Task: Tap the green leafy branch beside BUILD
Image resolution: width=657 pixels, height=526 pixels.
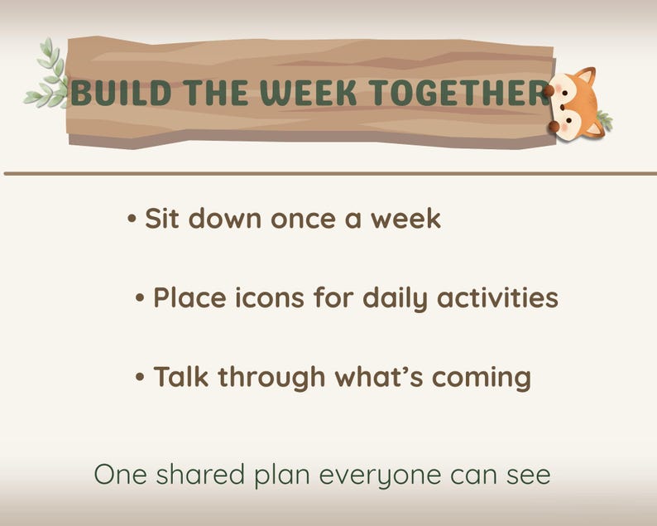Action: point(48,76)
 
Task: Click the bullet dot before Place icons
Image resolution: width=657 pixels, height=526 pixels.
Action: point(141,297)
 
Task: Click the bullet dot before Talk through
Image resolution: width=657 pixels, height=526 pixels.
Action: point(141,377)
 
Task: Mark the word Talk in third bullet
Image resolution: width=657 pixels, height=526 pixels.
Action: point(182,377)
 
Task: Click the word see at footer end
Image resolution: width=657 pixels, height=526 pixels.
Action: point(525,476)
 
